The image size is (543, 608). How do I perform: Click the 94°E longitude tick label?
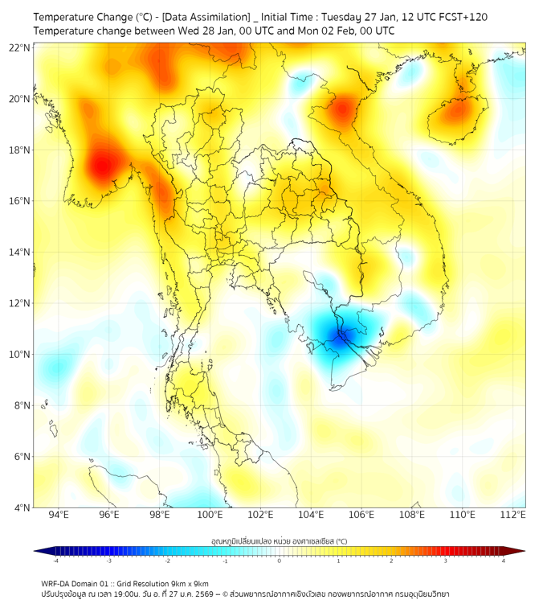(59, 516)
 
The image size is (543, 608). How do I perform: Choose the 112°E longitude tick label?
(512, 516)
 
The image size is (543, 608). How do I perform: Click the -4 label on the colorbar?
(55, 561)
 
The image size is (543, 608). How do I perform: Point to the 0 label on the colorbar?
(280, 561)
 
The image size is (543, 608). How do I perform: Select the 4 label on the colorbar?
(503, 561)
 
